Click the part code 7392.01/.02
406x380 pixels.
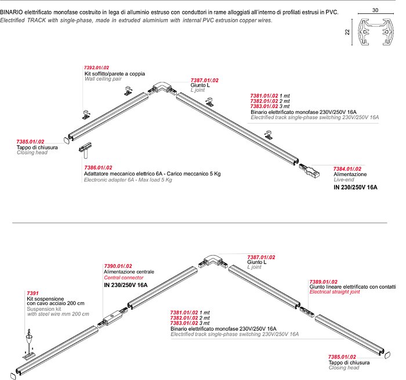pos(97,67)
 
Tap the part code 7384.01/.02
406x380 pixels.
pos(347,169)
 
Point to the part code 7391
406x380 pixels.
pos(34,293)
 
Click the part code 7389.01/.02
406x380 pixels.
pos(324,281)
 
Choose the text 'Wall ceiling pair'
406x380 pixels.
pos(103,80)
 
